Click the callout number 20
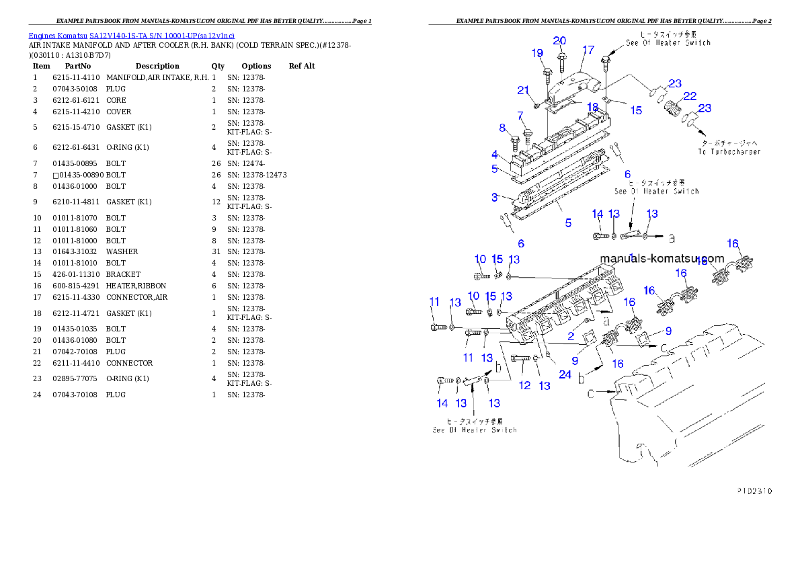[x=559, y=41]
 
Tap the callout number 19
[x=537, y=53]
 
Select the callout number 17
[x=588, y=50]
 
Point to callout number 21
[x=524, y=91]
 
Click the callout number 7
[x=520, y=116]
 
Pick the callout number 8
[x=502, y=128]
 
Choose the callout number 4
[x=494, y=155]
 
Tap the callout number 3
[x=494, y=197]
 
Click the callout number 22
[x=690, y=96]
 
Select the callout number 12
[x=525, y=385]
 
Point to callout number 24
[x=565, y=374]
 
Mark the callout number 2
[x=571, y=336]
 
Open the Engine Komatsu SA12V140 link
[x=131, y=36]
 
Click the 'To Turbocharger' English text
[x=729, y=152]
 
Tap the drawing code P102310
[x=753, y=491]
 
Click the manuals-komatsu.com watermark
[x=662, y=259]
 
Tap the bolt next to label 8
[x=515, y=142]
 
